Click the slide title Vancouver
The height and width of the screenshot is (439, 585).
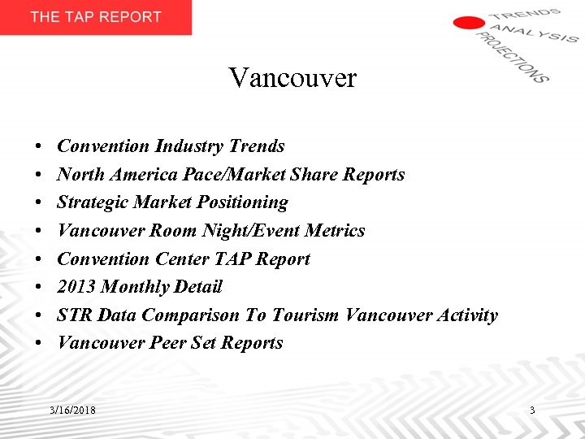point(292,78)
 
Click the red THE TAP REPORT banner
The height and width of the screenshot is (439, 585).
point(96,17)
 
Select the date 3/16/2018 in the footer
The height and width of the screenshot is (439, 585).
point(72,411)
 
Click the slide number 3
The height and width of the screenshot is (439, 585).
point(532,411)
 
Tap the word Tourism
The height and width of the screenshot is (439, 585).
point(303,315)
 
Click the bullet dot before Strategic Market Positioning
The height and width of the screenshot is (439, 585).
point(39,203)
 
